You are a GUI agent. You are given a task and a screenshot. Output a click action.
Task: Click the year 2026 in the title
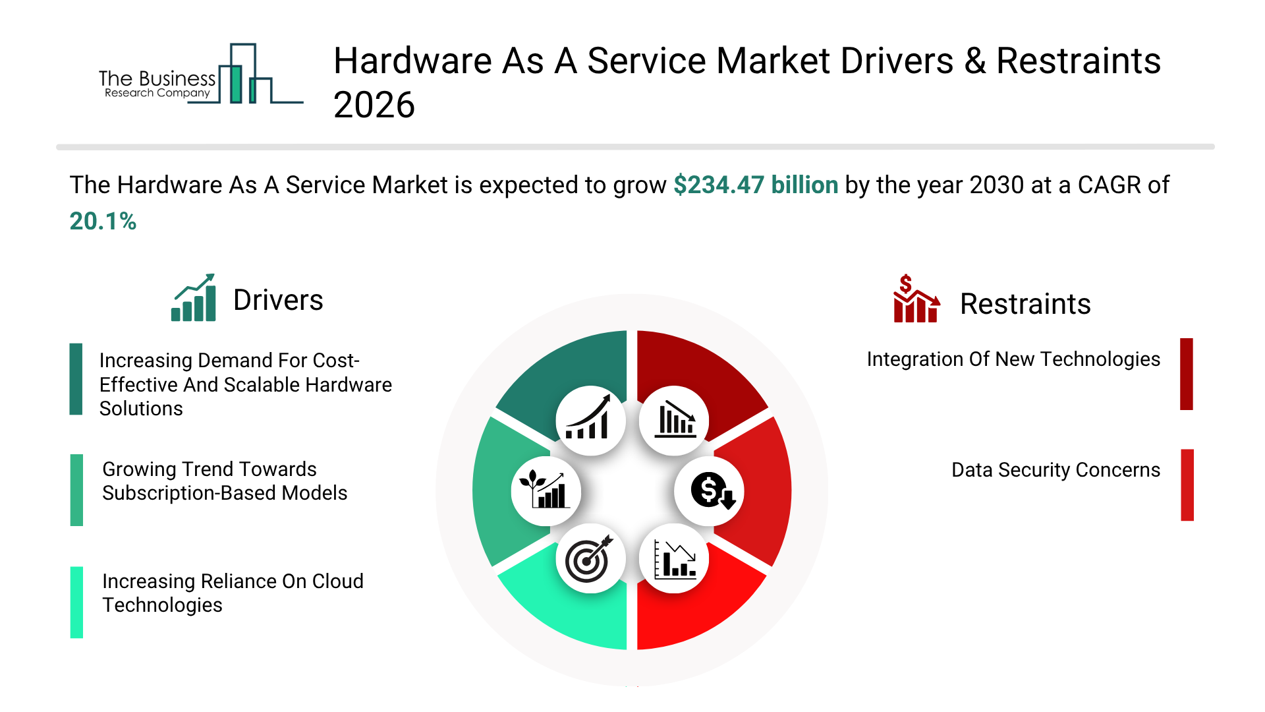click(x=374, y=105)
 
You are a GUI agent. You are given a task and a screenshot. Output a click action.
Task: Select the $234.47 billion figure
click(x=755, y=185)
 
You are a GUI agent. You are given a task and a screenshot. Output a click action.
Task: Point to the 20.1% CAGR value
click(x=103, y=222)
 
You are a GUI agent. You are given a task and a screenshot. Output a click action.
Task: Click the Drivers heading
click(x=278, y=301)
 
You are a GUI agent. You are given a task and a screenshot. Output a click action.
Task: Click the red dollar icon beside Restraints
click(x=915, y=299)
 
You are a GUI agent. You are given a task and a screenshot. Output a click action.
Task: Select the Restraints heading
click(x=1025, y=305)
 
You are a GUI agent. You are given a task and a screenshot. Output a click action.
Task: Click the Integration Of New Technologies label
click(x=1013, y=359)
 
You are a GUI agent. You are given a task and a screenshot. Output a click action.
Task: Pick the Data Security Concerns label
click(x=1055, y=470)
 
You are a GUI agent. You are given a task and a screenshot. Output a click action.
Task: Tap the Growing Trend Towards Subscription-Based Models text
click(x=224, y=481)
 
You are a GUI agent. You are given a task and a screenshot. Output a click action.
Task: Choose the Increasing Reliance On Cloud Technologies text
click(x=232, y=593)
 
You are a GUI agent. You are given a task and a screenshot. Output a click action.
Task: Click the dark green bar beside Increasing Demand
click(x=76, y=379)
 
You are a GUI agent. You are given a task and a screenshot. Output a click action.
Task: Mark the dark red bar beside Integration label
click(x=1186, y=374)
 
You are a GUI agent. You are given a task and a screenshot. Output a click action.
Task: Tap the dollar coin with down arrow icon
click(x=710, y=491)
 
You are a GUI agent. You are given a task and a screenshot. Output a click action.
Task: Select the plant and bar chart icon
click(x=546, y=491)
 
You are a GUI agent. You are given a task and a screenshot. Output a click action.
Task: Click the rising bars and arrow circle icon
click(x=590, y=421)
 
